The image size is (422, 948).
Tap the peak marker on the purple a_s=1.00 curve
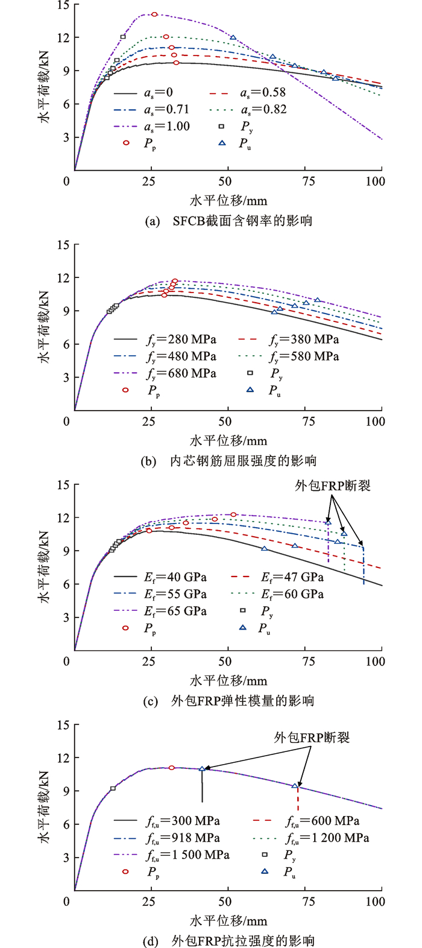(154, 14)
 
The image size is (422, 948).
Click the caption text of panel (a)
(229, 221)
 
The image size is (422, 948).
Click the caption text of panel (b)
(229, 461)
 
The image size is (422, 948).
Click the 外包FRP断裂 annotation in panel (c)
(333, 485)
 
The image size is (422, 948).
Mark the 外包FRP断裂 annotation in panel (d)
(312, 737)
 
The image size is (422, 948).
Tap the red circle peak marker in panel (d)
(172, 768)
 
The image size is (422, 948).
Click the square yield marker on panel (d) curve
(113, 788)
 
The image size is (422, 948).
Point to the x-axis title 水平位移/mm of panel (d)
(228, 921)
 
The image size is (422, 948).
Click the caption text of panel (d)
(229, 941)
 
